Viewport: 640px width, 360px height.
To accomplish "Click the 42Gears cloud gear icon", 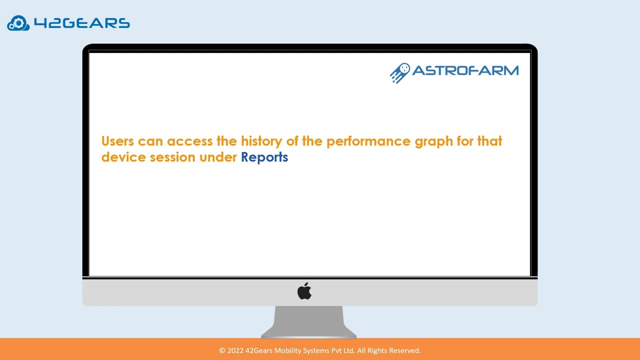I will [x=18, y=23].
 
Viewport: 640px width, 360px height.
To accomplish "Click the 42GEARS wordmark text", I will [x=81, y=23].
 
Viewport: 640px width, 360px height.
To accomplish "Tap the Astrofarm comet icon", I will [x=400, y=72].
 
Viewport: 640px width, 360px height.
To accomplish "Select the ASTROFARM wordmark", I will [x=465, y=70].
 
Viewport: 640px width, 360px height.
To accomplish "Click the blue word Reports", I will [x=264, y=157].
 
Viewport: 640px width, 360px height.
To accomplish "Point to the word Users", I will [x=117, y=141].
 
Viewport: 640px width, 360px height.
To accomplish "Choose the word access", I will [x=189, y=141].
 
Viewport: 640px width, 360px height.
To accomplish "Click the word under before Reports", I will [x=218, y=157].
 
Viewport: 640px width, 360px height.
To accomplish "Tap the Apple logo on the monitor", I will [x=304, y=290].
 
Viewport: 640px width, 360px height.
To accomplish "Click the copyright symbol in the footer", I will [x=222, y=350].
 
